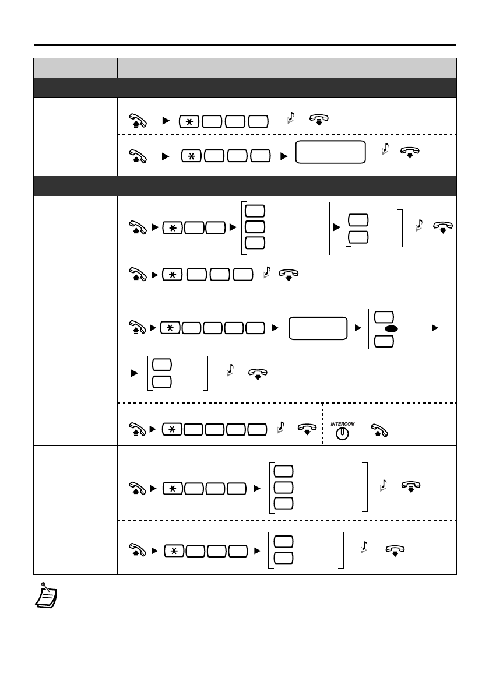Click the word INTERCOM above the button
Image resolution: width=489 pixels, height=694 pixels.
343,423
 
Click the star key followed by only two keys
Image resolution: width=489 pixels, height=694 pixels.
173,226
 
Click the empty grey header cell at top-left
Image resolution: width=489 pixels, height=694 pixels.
75,67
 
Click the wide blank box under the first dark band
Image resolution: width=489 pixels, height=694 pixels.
330,153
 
